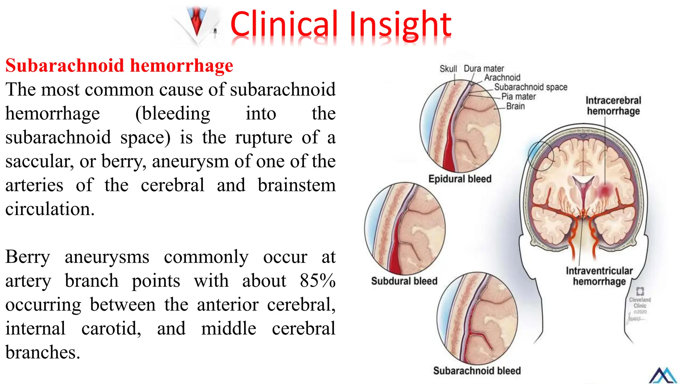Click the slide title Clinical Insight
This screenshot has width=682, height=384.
point(340,24)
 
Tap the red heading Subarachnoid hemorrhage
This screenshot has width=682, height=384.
point(119,65)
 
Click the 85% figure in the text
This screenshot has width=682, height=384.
point(317,280)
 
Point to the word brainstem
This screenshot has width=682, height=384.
point(296,185)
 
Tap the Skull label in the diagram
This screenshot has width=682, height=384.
point(448,69)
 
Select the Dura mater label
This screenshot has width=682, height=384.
point(484,69)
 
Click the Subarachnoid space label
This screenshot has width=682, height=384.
point(530,87)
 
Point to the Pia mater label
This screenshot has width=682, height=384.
point(518,97)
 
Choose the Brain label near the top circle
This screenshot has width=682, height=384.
point(515,106)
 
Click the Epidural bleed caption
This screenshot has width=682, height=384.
point(460,179)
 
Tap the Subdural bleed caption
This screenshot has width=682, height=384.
point(404,281)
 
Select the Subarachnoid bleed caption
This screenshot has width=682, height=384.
point(477,371)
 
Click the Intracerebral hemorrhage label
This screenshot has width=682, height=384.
point(613,106)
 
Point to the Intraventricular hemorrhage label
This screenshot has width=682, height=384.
point(599,276)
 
